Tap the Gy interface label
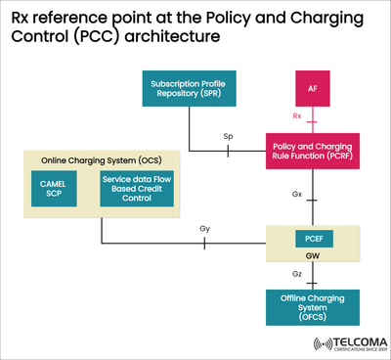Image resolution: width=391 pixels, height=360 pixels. coord(204,229)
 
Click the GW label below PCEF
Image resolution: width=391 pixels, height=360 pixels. coord(312,257)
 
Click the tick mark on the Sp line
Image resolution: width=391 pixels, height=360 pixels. coord(228,152)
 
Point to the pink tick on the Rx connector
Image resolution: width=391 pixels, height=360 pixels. coord(312,122)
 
